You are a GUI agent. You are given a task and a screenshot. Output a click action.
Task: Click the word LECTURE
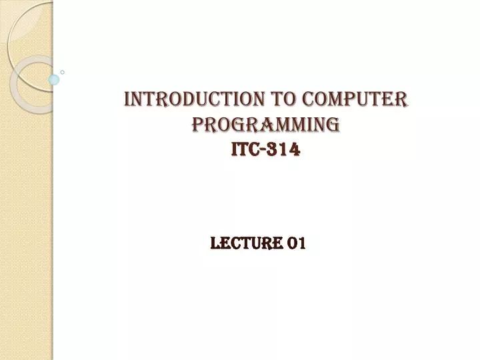(x=244, y=244)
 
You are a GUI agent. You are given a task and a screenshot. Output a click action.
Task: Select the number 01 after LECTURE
(x=296, y=244)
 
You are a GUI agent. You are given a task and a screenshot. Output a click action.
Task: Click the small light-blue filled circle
(x=54, y=79)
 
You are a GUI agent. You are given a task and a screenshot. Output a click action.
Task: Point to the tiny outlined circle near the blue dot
(x=63, y=71)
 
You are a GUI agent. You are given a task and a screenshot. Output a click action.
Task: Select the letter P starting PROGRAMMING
(x=197, y=125)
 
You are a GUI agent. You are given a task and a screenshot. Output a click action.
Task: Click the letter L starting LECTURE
(x=214, y=244)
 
